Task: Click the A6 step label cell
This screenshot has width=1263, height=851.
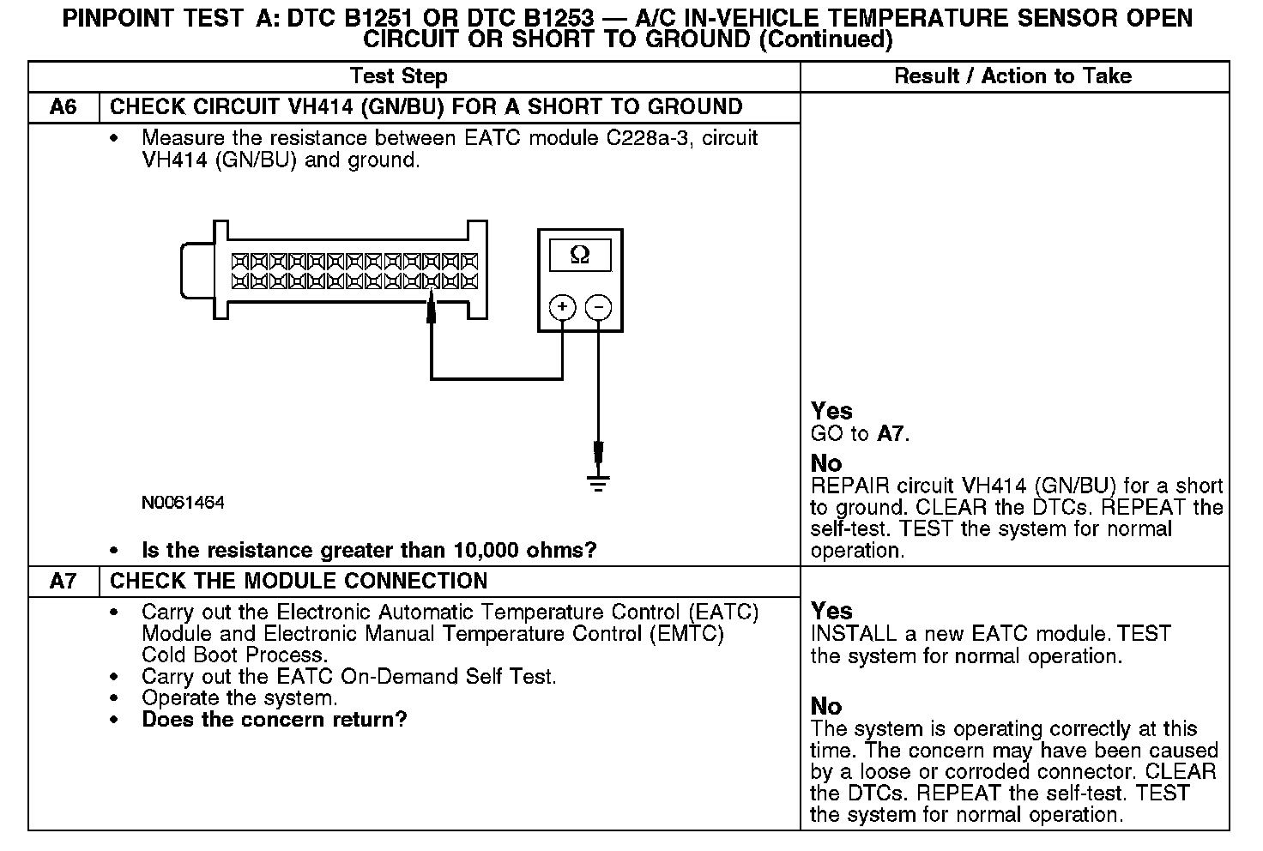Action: coord(63,107)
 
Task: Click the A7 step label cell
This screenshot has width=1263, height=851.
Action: coord(63,581)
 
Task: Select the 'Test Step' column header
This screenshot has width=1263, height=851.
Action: coord(399,76)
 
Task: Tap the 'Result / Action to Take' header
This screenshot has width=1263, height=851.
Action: coord(1012,76)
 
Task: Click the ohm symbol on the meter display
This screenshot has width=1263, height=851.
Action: coord(580,255)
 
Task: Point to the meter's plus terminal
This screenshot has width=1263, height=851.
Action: coord(562,306)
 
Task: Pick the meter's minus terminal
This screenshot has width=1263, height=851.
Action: coord(598,306)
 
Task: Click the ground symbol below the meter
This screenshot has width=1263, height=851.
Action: coord(598,481)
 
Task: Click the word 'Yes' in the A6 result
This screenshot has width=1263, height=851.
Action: coord(831,411)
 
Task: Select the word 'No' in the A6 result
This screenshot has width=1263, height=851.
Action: coord(826,463)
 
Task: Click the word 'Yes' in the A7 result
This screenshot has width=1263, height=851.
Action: coord(831,611)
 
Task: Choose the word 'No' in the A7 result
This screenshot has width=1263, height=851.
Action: coord(826,706)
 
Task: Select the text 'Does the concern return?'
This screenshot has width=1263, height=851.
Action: coord(275,719)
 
